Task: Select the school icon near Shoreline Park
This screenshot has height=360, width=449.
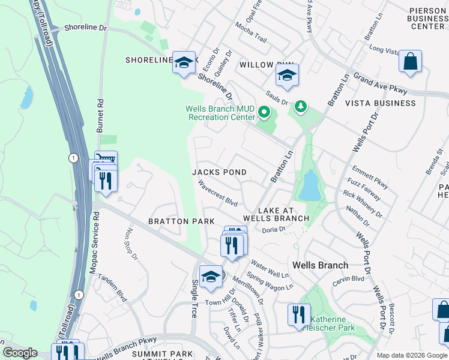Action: click(x=184, y=62)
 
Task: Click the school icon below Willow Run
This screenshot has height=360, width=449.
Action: click(x=287, y=76)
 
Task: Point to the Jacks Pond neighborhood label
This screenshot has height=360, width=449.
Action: click(x=219, y=172)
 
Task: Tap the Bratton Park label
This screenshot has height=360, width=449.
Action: click(x=182, y=221)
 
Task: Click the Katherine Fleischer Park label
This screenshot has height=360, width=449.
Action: click(x=329, y=323)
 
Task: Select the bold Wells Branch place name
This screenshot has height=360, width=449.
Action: click(x=320, y=265)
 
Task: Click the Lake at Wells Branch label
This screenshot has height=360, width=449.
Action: click(x=283, y=214)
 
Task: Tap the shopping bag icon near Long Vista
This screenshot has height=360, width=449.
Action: click(x=410, y=61)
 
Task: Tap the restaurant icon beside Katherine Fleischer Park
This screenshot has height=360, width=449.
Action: click(x=298, y=314)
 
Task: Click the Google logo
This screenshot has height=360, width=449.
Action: click(x=20, y=353)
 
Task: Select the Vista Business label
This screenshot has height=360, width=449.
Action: click(x=380, y=103)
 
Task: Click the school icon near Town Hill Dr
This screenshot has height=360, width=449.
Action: click(x=211, y=277)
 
